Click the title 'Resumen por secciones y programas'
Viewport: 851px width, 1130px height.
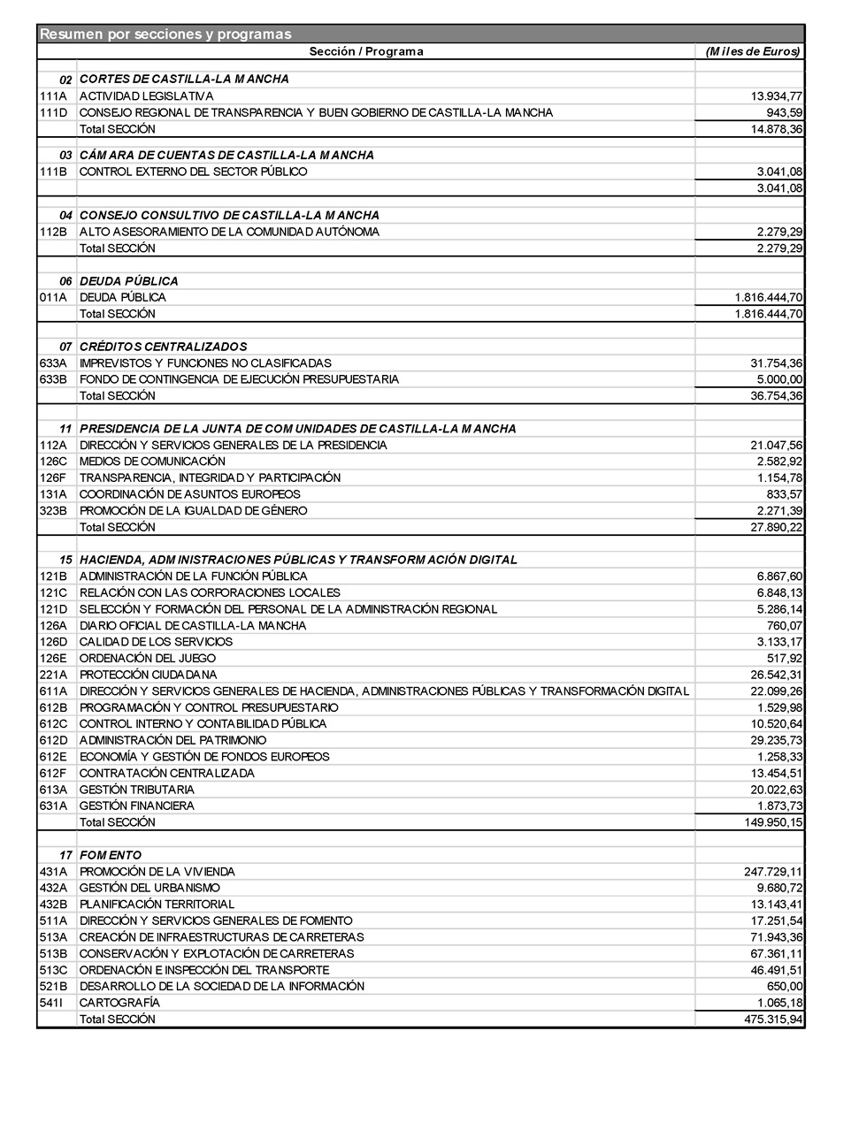(165, 34)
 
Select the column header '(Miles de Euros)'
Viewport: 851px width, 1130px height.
(752, 51)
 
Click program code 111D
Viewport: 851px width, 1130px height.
(53, 113)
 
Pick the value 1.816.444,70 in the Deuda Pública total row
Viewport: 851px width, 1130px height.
(768, 314)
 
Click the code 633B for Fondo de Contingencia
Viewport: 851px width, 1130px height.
(53, 379)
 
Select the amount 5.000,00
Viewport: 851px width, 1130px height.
(779, 379)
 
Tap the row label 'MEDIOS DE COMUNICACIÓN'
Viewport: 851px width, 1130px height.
(152, 462)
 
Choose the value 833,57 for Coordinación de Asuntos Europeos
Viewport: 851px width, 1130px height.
(784, 494)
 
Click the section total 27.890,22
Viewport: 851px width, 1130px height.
(777, 527)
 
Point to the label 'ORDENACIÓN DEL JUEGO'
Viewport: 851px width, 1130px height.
(147, 659)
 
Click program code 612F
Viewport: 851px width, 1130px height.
(53, 774)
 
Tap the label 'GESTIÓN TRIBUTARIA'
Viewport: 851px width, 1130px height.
(136, 790)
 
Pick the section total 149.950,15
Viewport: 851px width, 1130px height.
(774, 822)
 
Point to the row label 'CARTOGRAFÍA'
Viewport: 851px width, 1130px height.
(119, 1003)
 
